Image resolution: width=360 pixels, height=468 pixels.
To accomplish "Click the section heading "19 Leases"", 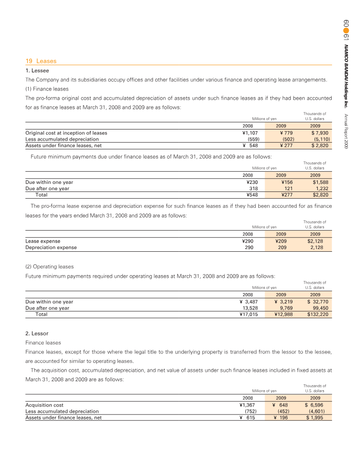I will pos(41,61).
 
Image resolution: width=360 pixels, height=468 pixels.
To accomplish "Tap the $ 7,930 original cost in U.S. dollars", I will pos(319,133).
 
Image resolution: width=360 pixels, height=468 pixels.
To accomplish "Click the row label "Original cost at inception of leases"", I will pos(66,133).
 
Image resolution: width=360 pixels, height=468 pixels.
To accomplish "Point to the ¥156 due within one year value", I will pos(287,183).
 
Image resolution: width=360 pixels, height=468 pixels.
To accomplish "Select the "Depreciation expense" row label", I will pos(51,248).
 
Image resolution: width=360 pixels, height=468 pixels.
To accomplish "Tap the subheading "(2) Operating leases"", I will pos(49,267).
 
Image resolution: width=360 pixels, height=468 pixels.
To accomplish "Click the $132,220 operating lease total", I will pos(319,315).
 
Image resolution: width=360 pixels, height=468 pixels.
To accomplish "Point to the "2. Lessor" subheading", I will pos(37,334).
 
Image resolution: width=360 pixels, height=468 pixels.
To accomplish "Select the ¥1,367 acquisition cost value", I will pos(248,405).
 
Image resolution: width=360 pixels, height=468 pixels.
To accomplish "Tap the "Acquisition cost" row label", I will pos(44,405).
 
